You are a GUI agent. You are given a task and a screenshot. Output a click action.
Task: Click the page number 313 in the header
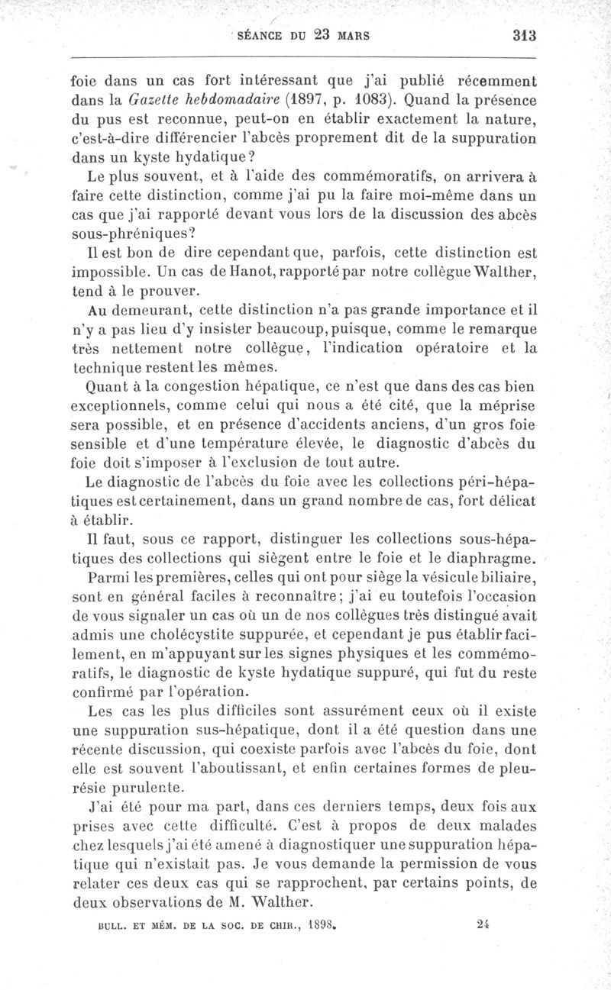[x=525, y=35]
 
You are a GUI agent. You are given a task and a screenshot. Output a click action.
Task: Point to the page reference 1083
[x=367, y=98]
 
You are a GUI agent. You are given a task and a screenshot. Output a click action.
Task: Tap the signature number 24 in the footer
[x=481, y=922]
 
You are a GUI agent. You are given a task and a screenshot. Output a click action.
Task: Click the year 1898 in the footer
[x=320, y=922]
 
